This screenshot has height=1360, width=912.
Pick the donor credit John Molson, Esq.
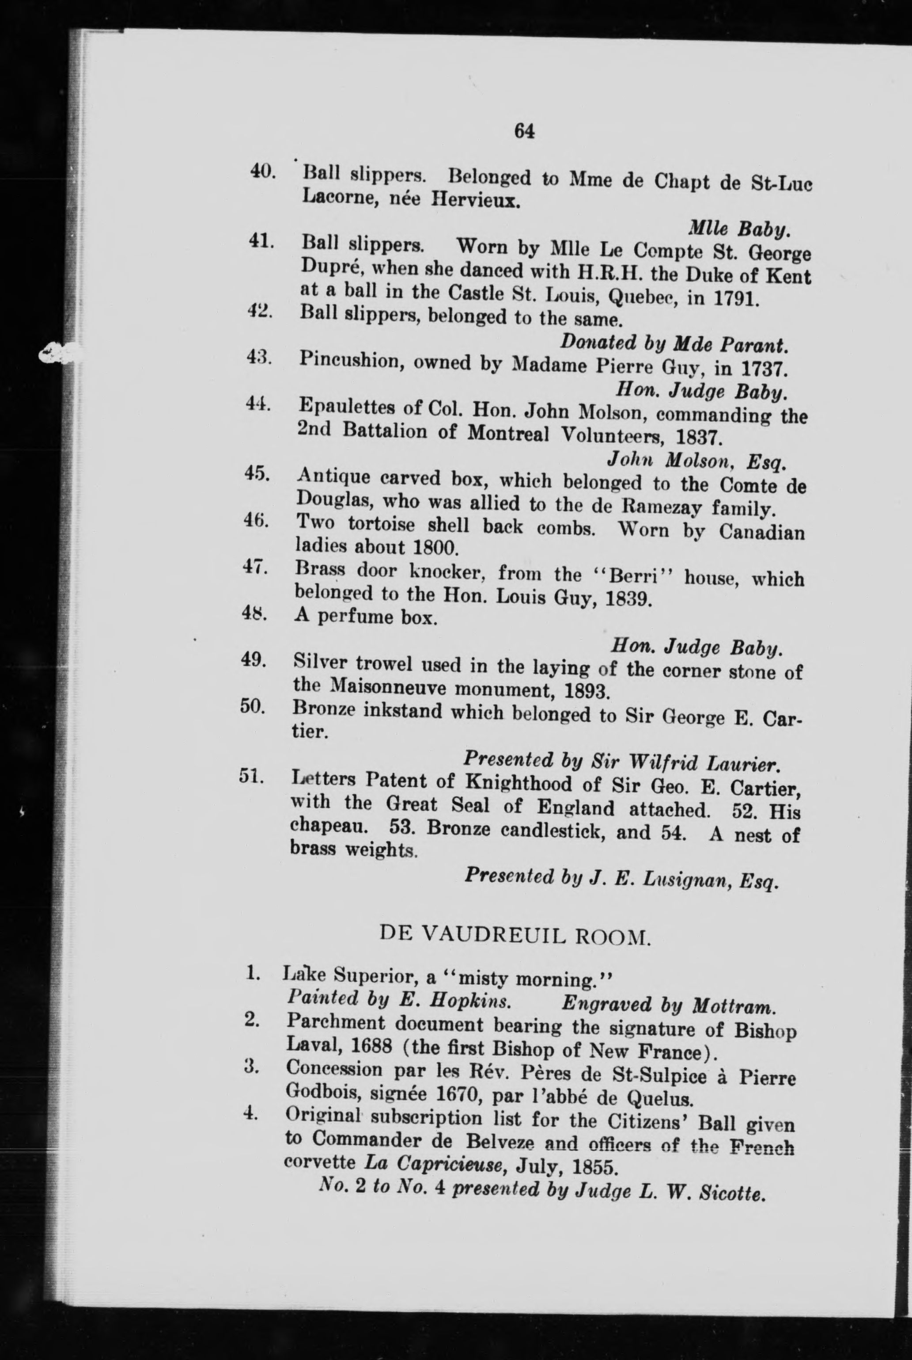[696, 461]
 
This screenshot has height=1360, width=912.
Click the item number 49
[254, 661]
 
